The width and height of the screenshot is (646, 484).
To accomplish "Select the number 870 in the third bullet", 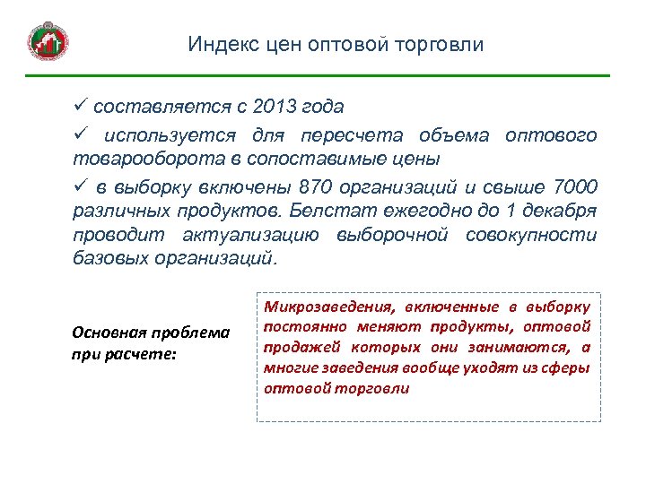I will (320, 187).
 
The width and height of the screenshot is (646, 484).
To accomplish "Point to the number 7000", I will (575, 187).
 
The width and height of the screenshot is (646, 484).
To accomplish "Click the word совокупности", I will (537, 235).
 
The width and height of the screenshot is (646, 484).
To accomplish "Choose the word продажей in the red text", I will (297, 348).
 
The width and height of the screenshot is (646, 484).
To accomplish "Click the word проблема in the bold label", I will (191, 333).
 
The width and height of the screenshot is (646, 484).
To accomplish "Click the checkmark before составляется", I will (79, 107).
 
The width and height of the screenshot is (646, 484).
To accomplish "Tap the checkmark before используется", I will (79, 135).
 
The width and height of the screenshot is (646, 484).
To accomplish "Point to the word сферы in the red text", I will (566, 368).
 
